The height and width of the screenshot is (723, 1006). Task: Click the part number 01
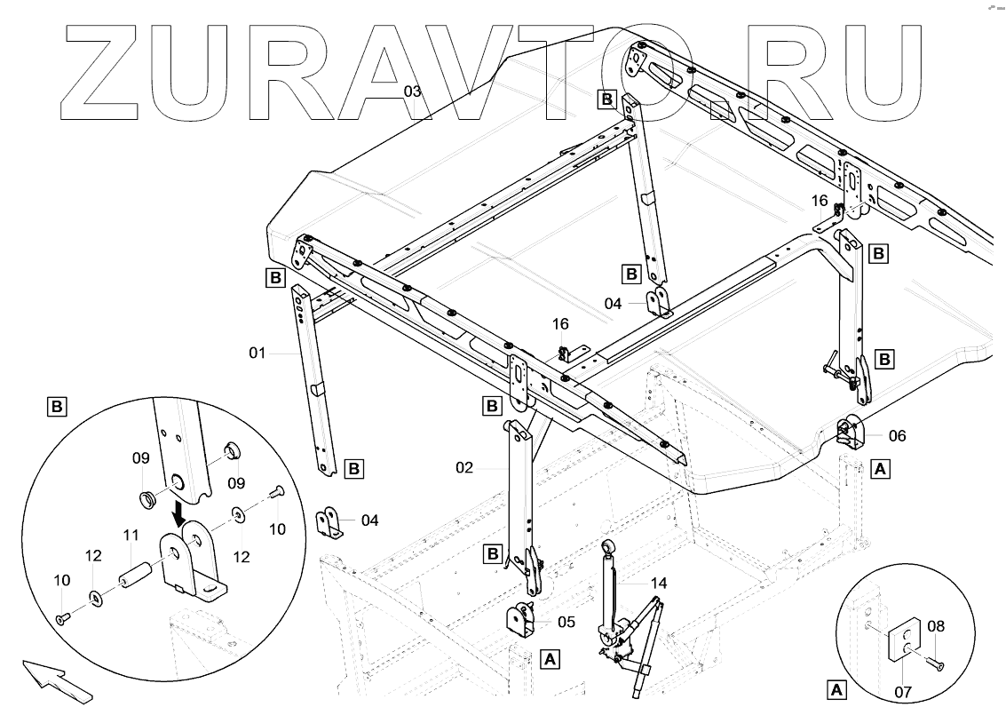pyautogui.click(x=257, y=354)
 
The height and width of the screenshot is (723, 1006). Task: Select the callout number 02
pyautogui.click(x=466, y=466)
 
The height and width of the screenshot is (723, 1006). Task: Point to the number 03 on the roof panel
pyautogui.click(x=413, y=91)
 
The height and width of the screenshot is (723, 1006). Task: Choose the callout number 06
pyautogui.click(x=898, y=436)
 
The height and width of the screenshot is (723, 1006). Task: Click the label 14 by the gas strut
pyautogui.click(x=658, y=584)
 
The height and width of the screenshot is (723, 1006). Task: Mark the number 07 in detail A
pyautogui.click(x=903, y=689)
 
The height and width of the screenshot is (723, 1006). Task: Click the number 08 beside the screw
pyautogui.click(x=935, y=626)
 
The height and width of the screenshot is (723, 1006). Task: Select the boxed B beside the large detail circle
pyautogui.click(x=56, y=408)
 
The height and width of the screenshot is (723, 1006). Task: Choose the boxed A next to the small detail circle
pyautogui.click(x=836, y=688)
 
